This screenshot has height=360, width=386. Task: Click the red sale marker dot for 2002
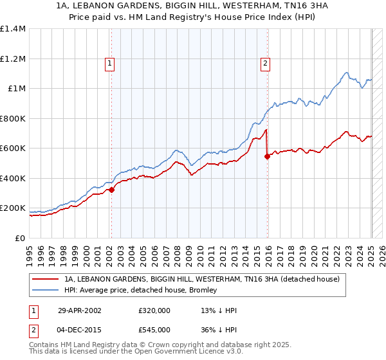click(111, 190)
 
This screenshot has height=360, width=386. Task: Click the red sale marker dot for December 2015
click(266, 156)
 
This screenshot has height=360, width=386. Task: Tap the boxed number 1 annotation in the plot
click(111, 63)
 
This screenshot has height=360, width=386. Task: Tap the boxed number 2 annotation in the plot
click(265, 63)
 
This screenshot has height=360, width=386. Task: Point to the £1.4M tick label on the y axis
click(13, 29)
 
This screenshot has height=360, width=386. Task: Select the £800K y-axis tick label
click(13, 118)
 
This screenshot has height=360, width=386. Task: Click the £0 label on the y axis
click(21, 238)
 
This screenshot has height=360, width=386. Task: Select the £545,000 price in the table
click(154, 330)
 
